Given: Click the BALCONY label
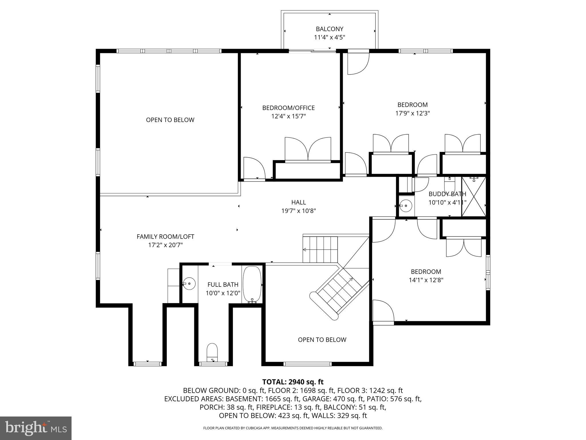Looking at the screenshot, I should click(x=329, y=29).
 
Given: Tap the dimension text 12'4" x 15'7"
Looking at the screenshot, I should click(x=288, y=116).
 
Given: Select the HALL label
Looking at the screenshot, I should click(x=298, y=202).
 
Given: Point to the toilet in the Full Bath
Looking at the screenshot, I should click(x=212, y=352).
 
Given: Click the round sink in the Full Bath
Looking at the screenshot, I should click(x=189, y=283).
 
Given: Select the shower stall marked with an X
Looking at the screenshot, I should click(x=474, y=197).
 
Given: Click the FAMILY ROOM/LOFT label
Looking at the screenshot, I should click(x=165, y=237).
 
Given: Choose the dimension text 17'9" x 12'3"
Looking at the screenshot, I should click(x=413, y=113).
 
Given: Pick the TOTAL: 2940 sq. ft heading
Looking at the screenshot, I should click(x=293, y=382).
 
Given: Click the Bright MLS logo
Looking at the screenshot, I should click(x=36, y=428).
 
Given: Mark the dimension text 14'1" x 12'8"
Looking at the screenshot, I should click(x=426, y=280).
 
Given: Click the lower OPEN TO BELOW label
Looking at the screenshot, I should click(x=322, y=340).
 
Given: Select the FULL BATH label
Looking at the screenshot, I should click(x=223, y=284).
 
